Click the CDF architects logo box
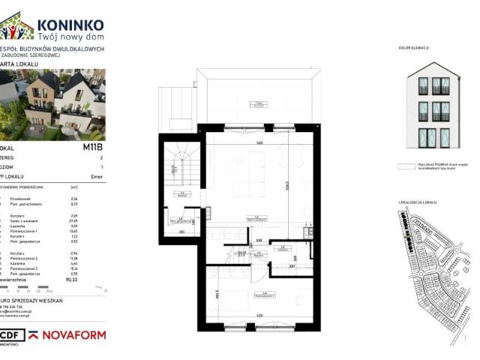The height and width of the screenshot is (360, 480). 9,335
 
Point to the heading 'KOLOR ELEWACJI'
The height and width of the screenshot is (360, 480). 414,48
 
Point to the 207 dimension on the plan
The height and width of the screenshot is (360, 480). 292,265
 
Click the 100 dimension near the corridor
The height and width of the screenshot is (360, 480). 259,241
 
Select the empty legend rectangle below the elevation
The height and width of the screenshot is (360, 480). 409,169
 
